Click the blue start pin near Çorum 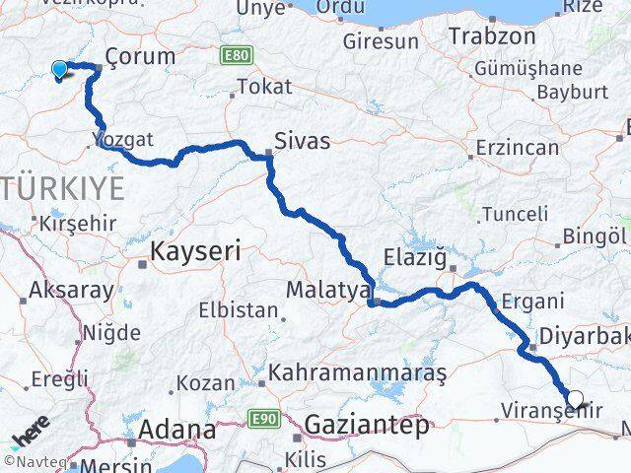[x=59, y=69]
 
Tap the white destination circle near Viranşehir [x=576, y=400]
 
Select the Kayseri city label [x=195, y=252]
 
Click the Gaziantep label [x=368, y=426]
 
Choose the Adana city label [x=176, y=430]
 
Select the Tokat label [x=263, y=87]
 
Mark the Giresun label [x=380, y=42]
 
